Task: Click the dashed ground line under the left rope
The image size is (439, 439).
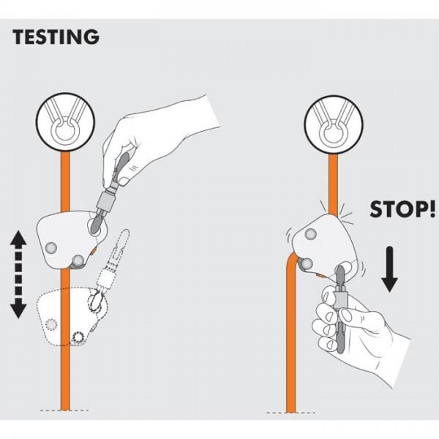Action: (x=66, y=408)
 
